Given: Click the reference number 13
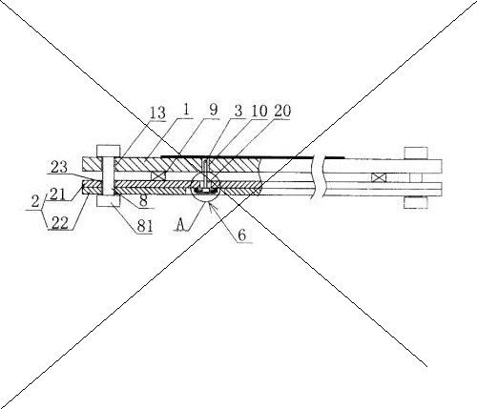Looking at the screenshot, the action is [x=157, y=113].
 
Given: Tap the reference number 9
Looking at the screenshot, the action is [x=214, y=110].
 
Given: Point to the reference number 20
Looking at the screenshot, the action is [x=282, y=111].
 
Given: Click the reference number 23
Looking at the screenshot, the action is [x=59, y=167].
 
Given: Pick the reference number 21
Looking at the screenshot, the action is [x=57, y=194].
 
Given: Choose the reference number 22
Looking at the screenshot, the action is [x=60, y=223].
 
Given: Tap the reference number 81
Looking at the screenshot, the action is [x=145, y=226].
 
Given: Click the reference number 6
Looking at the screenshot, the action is [x=242, y=235].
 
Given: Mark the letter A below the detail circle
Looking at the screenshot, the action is [x=181, y=225].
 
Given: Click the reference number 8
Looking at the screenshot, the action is [x=143, y=201].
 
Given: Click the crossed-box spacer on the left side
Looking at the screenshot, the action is [x=158, y=176].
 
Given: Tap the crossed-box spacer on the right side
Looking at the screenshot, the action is [x=379, y=177].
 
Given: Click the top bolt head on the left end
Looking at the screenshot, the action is [x=108, y=152].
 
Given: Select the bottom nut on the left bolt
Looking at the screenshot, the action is [x=108, y=201].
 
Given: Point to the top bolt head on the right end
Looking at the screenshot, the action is [x=416, y=153].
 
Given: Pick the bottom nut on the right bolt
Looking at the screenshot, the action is [x=416, y=203].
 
